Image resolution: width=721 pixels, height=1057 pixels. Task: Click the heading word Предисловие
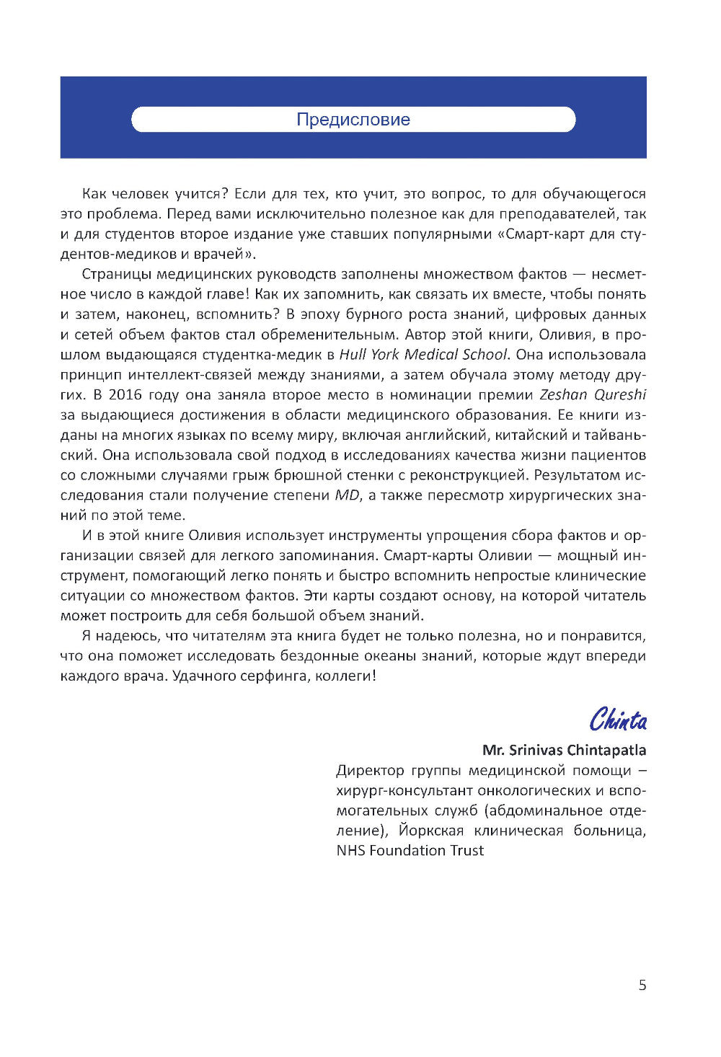(x=353, y=120)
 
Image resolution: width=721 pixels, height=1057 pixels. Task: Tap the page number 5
(x=642, y=986)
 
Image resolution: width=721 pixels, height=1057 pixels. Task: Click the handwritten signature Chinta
(x=618, y=720)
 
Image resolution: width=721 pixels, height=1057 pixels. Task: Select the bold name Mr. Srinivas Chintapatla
(x=564, y=750)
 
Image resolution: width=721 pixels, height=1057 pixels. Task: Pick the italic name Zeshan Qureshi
(x=593, y=394)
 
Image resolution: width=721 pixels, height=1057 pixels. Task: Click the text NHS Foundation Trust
(x=410, y=850)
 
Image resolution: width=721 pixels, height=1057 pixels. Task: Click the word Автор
(x=427, y=335)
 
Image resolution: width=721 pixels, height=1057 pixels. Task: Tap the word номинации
(x=452, y=394)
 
